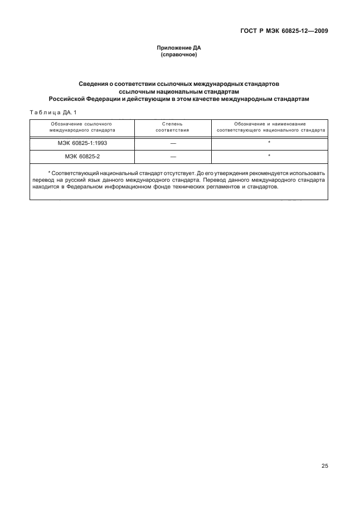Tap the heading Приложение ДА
point(178,49)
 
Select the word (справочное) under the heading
point(178,55)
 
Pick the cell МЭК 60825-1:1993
point(82,143)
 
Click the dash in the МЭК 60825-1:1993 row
point(172,143)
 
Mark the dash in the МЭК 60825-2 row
point(172,157)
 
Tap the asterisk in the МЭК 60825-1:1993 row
point(269,143)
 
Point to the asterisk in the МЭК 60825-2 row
point(269,156)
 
